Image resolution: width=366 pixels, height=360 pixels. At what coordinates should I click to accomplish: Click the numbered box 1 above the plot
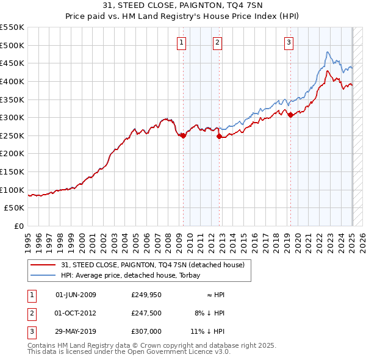[x=182, y=42]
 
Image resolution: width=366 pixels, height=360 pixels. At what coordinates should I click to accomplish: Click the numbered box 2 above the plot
[x=218, y=42]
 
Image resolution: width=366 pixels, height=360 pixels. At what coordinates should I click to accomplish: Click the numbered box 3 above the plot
[x=289, y=42]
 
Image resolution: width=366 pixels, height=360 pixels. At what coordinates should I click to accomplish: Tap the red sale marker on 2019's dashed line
[x=290, y=115]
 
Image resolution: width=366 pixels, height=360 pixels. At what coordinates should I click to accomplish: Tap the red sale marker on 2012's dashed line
[x=219, y=137]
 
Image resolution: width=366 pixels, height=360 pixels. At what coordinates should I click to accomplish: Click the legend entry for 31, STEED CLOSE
[x=152, y=265]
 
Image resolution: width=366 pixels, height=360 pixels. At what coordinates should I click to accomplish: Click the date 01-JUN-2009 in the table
[x=76, y=295]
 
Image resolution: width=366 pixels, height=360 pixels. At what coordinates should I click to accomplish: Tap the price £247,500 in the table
[x=146, y=314]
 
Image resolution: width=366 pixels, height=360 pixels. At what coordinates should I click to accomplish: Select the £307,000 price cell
[x=146, y=333]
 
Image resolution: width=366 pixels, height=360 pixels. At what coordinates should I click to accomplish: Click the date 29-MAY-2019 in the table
[x=76, y=333]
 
